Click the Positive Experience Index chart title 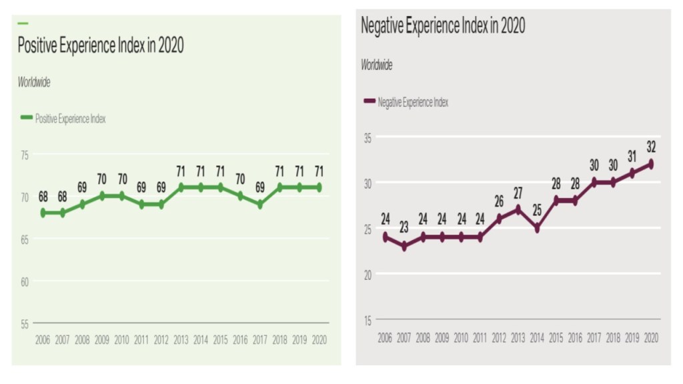pyautogui.click(x=100, y=46)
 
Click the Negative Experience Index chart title pyautogui.click(x=442, y=26)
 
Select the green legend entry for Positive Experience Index pyautogui.click(x=63, y=119)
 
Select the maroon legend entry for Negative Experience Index pyautogui.click(x=406, y=102)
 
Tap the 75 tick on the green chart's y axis pyautogui.click(x=25, y=155)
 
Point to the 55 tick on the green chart pyautogui.click(x=25, y=324)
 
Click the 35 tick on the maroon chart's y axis pyautogui.click(x=366, y=137)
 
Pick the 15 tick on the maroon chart pyautogui.click(x=366, y=319)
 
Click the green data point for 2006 pyautogui.click(x=43, y=213)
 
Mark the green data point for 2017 pyautogui.click(x=259, y=205)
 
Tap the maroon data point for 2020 pyautogui.click(x=651, y=164)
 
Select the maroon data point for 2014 pyautogui.click(x=537, y=228)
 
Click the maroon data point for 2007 pyautogui.click(x=404, y=246)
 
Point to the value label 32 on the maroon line pyautogui.click(x=651, y=145)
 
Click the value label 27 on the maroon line pyautogui.click(x=518, y=193)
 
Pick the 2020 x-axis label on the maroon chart pyautogui.click(x=651, y=338)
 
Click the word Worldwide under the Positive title pyautogui.click(x=34, y=83)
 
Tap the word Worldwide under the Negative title pyautogui.click(x=377, y=65)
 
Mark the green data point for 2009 pyautogui.click(x=102, y=196)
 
